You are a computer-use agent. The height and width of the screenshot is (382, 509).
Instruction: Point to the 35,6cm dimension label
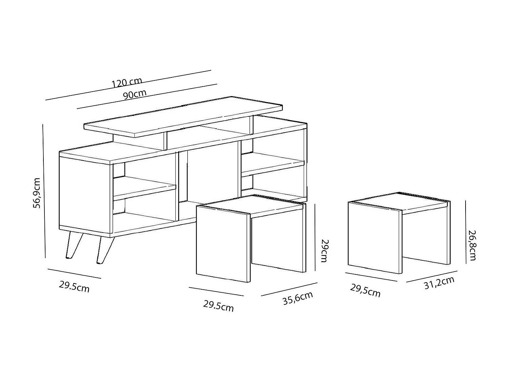[x=298, y=298]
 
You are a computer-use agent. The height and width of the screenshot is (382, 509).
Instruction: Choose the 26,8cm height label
[x=472, y=245]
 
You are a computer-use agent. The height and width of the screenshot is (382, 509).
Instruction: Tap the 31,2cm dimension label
[x=439, y=283]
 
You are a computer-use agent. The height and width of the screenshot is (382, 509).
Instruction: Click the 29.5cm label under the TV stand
[x=74, y=287]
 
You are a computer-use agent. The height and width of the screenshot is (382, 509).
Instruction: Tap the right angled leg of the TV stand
[x=103, y=250]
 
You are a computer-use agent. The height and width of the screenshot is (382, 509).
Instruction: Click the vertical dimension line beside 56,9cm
[x=44, y=190]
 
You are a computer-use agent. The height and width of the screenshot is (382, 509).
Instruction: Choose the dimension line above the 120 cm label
[x=128, y=86]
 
